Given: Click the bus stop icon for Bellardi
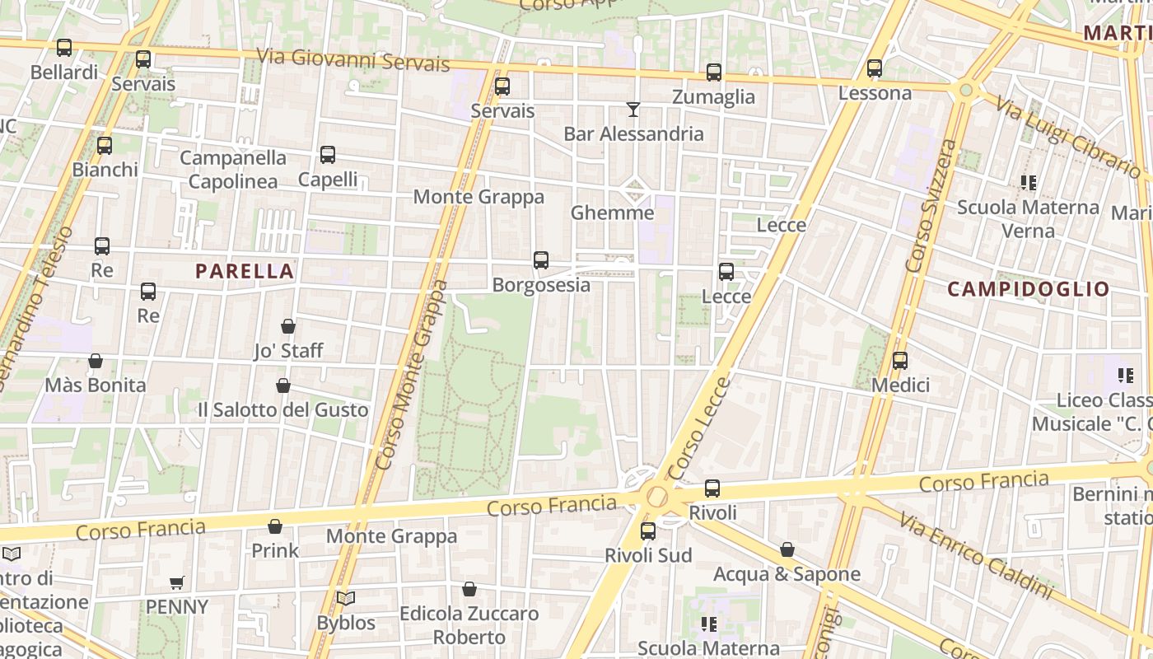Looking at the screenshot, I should click(x=64, y=48).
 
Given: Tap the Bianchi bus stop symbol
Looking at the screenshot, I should click(x=105, y=146).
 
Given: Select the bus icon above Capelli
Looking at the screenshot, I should click(x=328, y=155).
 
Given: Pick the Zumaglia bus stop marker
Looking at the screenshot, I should click(x=714, y=72).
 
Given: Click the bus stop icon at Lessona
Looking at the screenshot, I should click(x=875, y=68).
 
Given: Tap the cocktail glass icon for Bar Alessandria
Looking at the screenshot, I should click(x=633, y=109).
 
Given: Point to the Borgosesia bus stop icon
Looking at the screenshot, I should click(x=541, y=260).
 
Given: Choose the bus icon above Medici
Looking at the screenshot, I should click(x=900, y=361).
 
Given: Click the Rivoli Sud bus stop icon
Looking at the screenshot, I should click(x=648, y=531).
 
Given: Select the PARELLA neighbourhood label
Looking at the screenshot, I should click(x=245, y=271).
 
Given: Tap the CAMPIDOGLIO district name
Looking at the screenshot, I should click(x=1029, y=289).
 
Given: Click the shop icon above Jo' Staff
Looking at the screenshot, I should click(x=288, y=326).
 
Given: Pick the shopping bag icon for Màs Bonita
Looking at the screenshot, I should click(x=96, y=361).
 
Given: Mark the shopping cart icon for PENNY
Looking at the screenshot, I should click(x=176, y=583).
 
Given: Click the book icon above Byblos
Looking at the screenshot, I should click(x=346, y=598).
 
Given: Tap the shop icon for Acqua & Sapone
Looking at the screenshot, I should click(x=787, y=549).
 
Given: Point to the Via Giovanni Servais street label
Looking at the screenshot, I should click(x=353, y=60).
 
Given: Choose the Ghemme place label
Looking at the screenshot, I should click(x=613, y=213).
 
